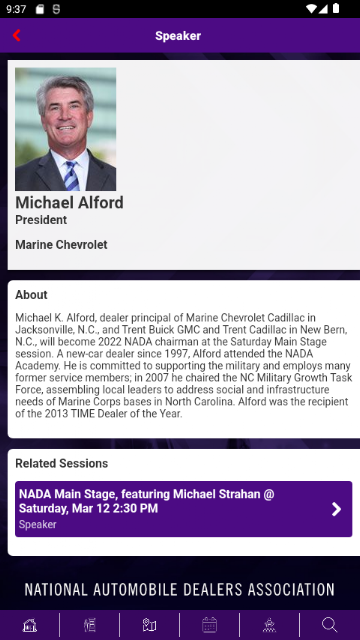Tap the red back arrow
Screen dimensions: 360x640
(x=16, y=36)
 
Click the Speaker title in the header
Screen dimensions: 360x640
(x=178, y=36)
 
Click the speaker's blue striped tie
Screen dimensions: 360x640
(x=71, y=176)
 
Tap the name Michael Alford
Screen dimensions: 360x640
(x=69, y=202)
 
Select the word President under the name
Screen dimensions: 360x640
(x=41, y=220)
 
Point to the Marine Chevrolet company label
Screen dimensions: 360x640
(x=61, y=245)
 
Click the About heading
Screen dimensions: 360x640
(x=31, y=295)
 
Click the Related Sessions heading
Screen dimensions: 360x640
(x=62, y=463)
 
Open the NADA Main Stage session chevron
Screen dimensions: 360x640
(x=336, y=509)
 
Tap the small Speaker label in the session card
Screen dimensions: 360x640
(x=38, y=524)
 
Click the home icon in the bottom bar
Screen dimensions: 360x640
(x=30, y=625)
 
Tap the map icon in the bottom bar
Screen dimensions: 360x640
(x=149, y=625)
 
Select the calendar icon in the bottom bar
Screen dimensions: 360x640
(x=209, y=625)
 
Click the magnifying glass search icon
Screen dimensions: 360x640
(x=329, y=625)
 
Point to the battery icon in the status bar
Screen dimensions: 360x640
(x=336, y=9)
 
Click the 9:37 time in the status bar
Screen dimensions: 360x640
(x=16, y=9)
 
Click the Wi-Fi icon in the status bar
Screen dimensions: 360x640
(x=311, y=9)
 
